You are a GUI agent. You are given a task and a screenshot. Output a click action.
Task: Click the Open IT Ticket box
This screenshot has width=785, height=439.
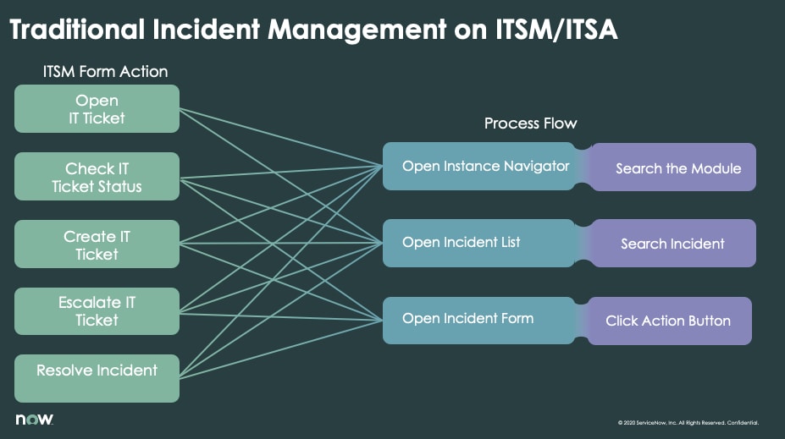(97, 109)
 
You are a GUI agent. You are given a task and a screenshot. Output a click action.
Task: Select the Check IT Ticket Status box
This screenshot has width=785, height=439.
(97, 177)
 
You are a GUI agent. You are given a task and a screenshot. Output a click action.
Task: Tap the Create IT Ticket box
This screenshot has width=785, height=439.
(97, 244)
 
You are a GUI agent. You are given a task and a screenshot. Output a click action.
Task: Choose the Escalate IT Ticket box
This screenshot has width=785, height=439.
(97, 311)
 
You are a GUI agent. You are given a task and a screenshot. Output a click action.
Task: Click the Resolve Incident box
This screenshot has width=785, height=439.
(97, 378)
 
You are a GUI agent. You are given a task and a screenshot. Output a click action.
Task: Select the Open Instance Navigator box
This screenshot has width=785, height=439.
(484, 167)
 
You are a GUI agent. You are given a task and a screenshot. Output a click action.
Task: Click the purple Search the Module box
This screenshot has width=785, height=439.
(677, 168)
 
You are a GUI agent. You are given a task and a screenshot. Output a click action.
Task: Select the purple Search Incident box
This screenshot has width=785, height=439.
(672, 244)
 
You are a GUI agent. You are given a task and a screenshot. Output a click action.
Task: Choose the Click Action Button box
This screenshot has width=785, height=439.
(668, 321)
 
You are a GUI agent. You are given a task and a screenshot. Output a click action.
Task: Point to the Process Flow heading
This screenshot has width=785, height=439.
(530, 123)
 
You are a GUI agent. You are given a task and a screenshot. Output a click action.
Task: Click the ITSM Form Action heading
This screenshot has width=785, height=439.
(105, 71)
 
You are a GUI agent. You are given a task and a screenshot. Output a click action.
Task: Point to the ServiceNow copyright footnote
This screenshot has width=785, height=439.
(688, 422)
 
